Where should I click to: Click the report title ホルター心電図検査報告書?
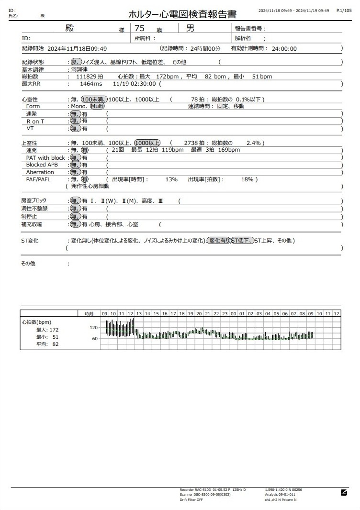point(182,14)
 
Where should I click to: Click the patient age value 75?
point(140,28)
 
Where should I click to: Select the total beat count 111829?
point(86,77)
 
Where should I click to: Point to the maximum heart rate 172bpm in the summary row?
point(168,77)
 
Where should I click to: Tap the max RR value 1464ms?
point(91,84)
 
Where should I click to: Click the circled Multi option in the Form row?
point(97,106)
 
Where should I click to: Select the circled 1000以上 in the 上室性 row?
point(147,143)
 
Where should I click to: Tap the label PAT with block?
point(45,158)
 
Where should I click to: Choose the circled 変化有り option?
point(219,241)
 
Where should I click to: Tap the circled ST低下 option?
point(242,241)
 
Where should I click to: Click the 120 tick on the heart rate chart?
point(94,328)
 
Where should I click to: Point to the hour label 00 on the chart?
point(233,313)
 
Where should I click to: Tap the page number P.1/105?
point(344,10)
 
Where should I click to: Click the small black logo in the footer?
point(344,492)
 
